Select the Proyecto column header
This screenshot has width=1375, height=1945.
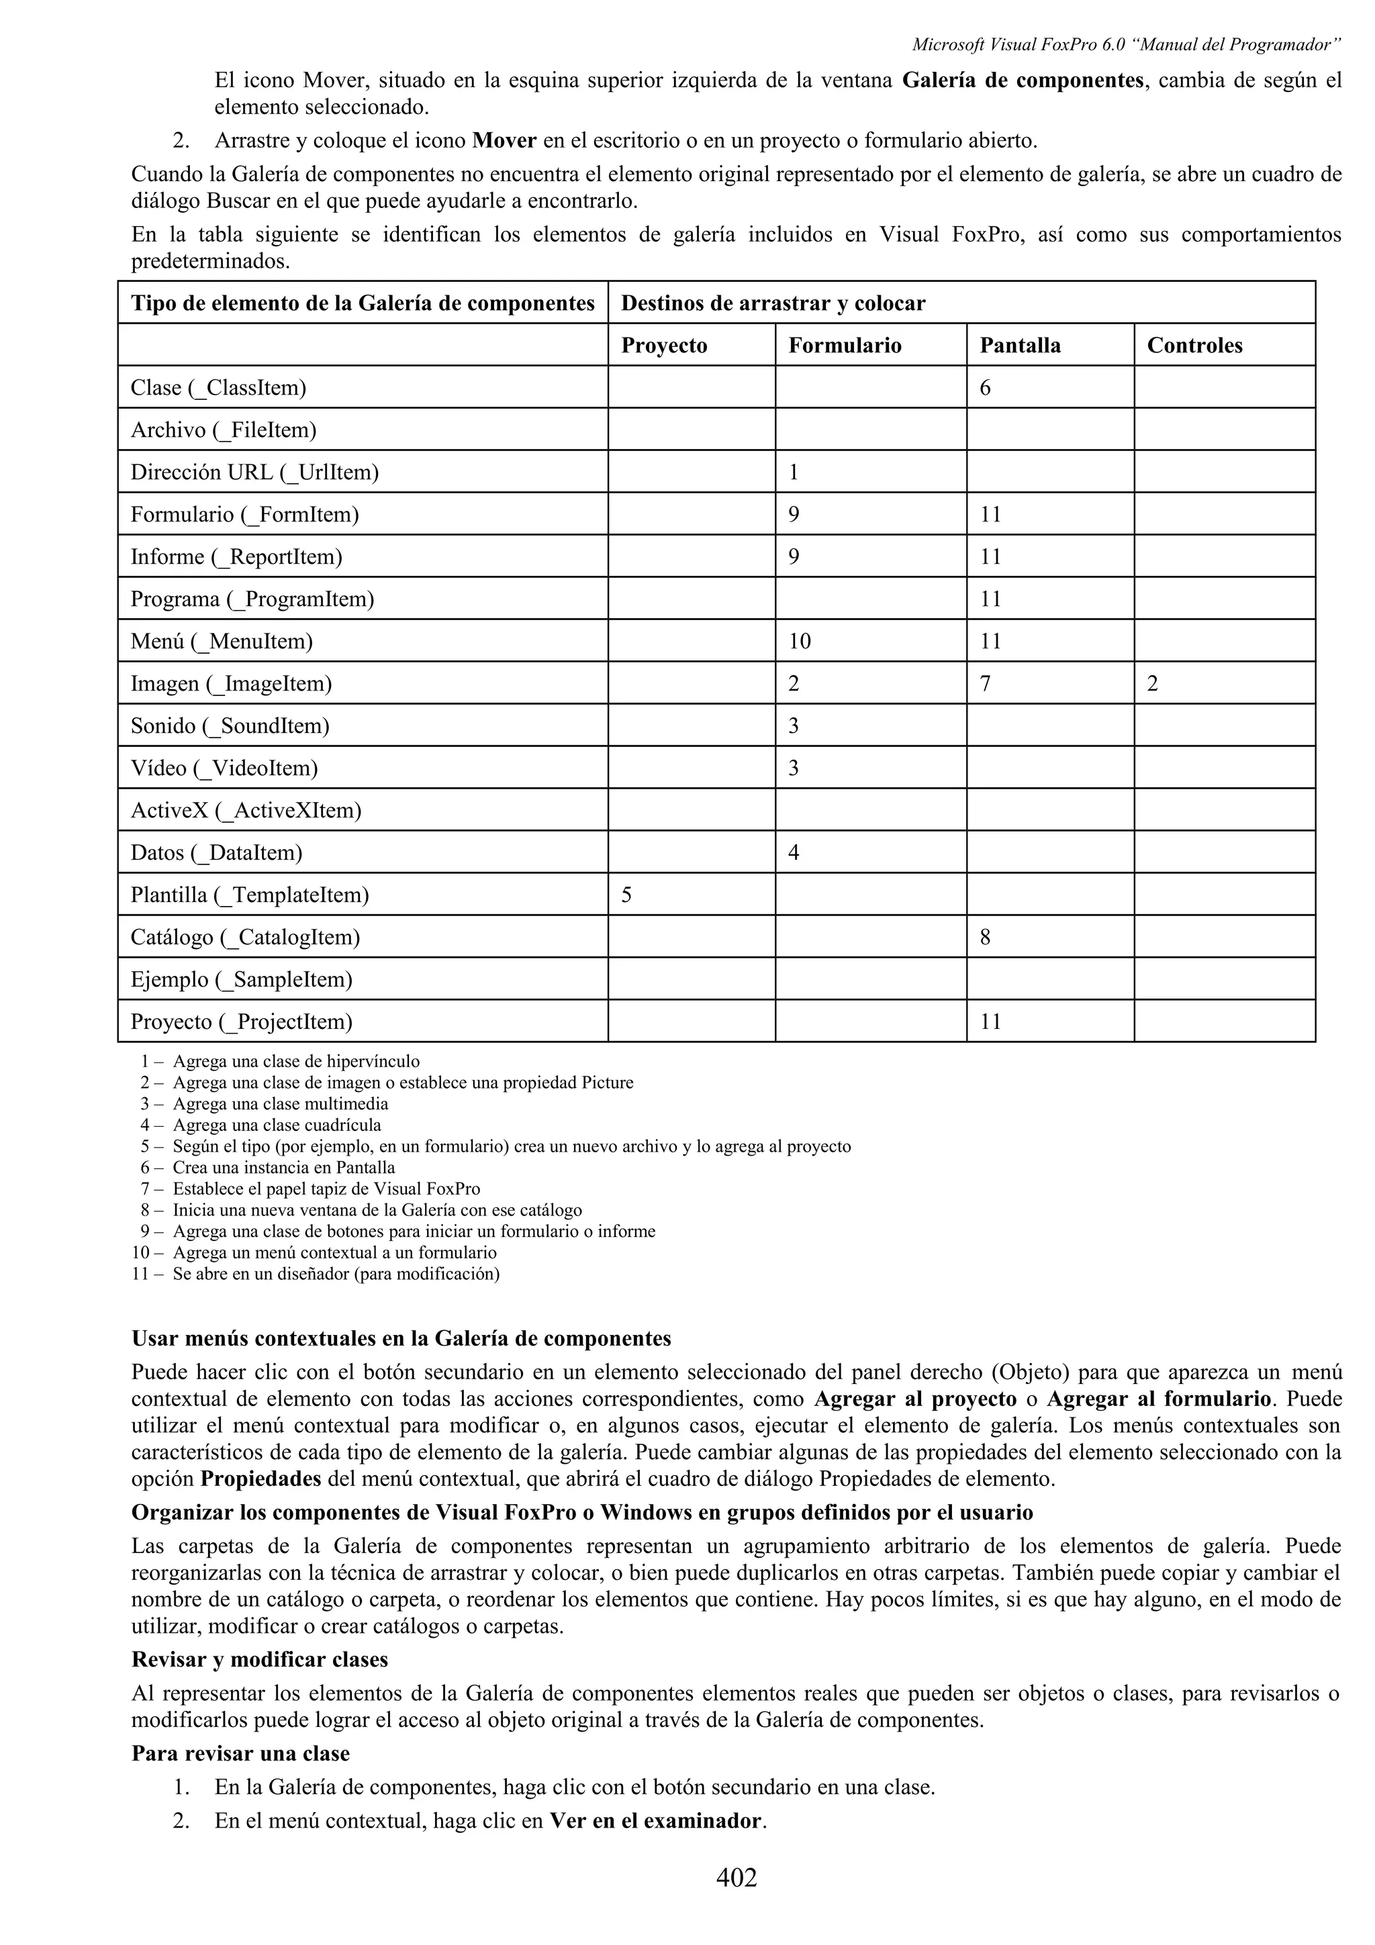[664, 346]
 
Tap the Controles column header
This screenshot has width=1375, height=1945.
[1194, 346]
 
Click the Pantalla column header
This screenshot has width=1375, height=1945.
[1020, 346]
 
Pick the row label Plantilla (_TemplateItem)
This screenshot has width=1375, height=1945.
[249, 895]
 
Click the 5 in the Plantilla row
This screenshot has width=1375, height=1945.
[627, 895]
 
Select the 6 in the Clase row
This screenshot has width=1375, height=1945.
[986, 388]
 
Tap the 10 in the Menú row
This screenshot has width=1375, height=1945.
[800, 641]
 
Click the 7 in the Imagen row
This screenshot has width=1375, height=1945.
[986, 684]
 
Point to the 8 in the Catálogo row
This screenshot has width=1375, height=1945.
[986, 937]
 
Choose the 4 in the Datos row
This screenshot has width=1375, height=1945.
[794, 852]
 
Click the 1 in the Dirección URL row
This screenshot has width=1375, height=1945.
[794, 472]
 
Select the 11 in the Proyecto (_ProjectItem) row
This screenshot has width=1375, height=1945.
[990, 1021]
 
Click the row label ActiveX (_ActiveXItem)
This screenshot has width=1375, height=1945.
[246, 811]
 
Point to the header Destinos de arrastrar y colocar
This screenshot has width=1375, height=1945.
[773, 303]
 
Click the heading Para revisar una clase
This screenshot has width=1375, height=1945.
[240, 1752]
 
